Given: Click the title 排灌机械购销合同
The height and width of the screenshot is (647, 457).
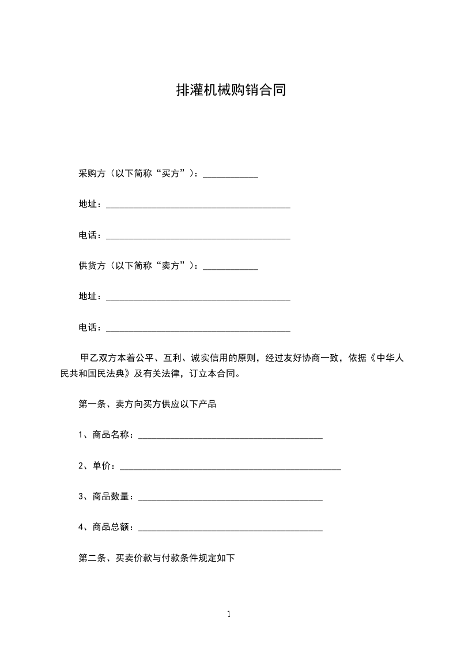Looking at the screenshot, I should pos(231,91).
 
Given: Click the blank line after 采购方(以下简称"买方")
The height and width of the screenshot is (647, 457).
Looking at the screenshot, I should pos(231,175).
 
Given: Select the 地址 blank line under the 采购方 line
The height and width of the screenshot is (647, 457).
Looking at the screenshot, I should pos(198,206).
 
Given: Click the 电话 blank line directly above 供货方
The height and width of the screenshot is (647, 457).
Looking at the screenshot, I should pos(198,236).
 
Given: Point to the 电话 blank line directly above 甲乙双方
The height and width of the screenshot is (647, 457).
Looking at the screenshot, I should pos(198,329).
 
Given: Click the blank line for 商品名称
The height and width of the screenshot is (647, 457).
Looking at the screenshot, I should pos(231,437).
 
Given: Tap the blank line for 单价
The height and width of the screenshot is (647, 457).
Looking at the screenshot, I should pos(230,467).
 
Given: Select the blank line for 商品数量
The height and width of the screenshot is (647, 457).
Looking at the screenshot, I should pos(231,498).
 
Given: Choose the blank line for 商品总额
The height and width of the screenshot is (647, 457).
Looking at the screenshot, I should pos(231,528).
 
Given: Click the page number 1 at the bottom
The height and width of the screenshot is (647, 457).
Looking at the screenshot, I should pos(229,614).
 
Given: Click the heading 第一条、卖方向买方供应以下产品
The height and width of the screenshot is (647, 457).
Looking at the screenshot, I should pos(147,404).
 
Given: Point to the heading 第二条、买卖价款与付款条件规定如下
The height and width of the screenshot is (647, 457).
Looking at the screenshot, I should pos(156,558).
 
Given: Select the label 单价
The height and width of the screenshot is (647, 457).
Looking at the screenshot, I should pos(101,465).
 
